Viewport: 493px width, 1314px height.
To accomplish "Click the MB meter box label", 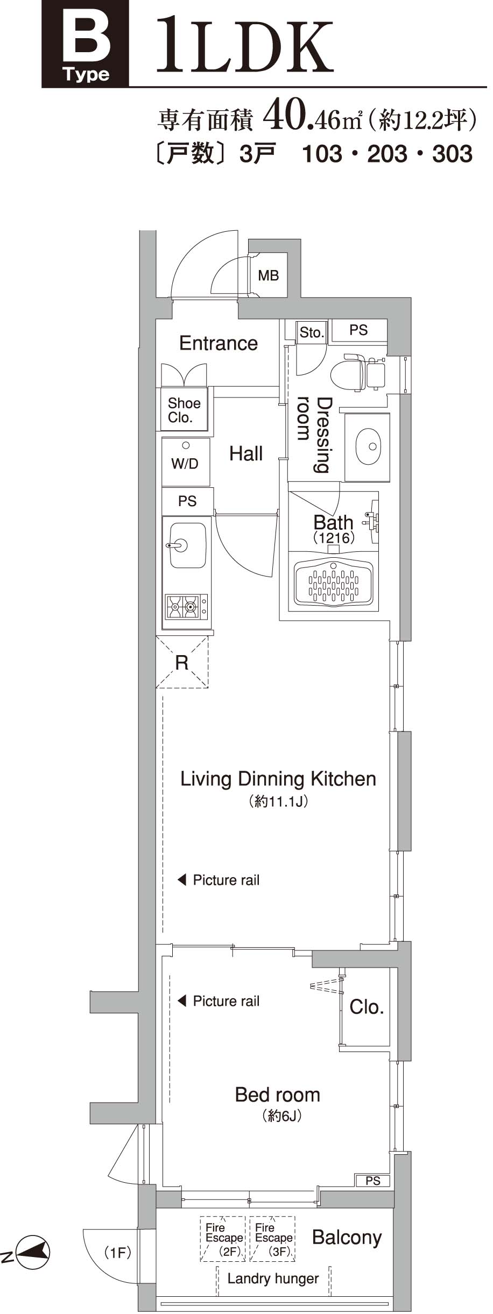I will click(268, 276).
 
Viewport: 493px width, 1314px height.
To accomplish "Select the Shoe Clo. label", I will click(184, 410).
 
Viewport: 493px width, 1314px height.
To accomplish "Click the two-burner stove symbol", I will click(186, 607).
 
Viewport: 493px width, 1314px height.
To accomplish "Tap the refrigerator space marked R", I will click(182, 663).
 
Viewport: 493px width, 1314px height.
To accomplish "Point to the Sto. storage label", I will click(312, 332).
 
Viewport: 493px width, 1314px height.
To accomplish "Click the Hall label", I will click(246, 453).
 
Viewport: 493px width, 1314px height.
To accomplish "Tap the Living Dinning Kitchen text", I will click(278, 779).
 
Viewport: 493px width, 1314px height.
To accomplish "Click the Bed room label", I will click(277, 1095).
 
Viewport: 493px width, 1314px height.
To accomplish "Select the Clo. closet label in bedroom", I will click(367, 1007).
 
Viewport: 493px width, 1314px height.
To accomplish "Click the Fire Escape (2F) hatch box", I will click(223, 1239).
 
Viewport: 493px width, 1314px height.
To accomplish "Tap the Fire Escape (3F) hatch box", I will click(272, 1239).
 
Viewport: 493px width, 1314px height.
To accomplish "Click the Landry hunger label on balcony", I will click(273, 1279).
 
